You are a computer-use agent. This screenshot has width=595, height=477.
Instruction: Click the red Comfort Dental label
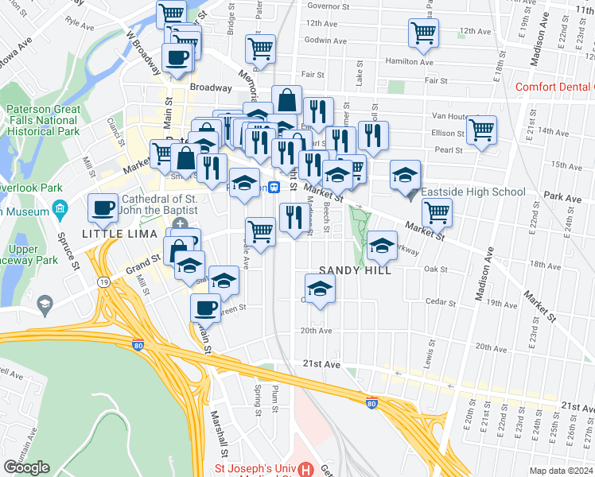(554, 87)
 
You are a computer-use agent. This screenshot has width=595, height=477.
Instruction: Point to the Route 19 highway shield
(104, 281)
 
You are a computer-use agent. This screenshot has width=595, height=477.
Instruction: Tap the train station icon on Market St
(273, 187)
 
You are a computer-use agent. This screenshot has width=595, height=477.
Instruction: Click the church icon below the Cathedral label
(181, 224)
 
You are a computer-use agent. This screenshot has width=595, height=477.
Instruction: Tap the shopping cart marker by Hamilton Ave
(423, 33)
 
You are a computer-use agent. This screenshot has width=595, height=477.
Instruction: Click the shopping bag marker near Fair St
(286, 100)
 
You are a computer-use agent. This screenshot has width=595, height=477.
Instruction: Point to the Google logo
(26, 467)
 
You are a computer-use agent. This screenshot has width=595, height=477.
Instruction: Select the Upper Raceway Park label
(30, 254)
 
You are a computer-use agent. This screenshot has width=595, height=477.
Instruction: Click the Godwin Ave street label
(325, 41)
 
